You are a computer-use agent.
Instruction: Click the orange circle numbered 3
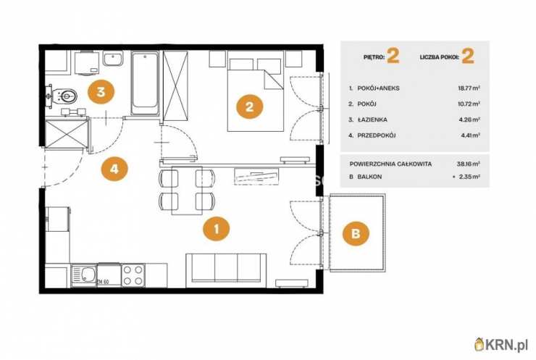(x=101, y=91)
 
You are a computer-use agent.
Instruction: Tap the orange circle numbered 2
(x=250, y=106)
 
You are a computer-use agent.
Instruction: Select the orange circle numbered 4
(x=114, y=168)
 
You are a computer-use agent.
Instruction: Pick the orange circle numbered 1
(x=216, y=229)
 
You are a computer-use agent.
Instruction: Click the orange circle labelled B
(x=356, y=233)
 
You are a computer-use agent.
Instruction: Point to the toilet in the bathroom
(x=62, y=96)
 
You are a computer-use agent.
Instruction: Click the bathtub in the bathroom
(x=145, y=83)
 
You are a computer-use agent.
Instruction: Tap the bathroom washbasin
(x=113, y=59)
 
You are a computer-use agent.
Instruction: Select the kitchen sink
(x=84, y=275)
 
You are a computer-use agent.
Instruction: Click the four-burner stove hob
(x=133, y=275)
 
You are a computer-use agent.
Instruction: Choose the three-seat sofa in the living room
(x=226, y=270)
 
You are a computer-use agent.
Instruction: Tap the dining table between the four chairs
(x=187, y=190)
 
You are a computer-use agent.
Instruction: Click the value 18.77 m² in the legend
(x=469, y=88)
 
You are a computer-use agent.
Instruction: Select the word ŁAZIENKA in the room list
(x=372, y=120)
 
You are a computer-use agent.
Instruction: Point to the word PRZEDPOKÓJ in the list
(x=377, y=135)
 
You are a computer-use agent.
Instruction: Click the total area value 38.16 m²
(x=469, y=164)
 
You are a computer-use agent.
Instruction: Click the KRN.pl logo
(x=501, y=345)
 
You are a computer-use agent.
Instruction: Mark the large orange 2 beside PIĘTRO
(x=393, y=56)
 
